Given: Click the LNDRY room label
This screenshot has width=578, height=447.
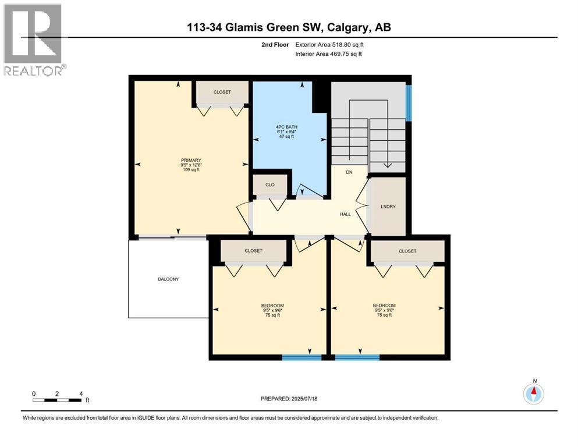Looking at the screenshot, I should tap(388, 206).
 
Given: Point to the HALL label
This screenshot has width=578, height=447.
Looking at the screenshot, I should tap(345, 214).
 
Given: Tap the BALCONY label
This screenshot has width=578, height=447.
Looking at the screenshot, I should tap(168, 279).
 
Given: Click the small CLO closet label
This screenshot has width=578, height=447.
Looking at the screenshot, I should tap(270, 185).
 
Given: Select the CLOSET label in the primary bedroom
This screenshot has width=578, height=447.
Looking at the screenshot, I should tap(222, 92).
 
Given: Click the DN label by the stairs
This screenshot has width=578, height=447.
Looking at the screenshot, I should tap(349, 172).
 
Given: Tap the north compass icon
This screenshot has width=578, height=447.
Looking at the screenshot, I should tap(533, 394).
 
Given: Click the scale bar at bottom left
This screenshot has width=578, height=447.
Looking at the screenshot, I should tap(57, 400).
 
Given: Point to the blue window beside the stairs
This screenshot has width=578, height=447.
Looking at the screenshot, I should tap(408, 103).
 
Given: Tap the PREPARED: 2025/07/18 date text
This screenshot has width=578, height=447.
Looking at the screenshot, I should tap(289, 399).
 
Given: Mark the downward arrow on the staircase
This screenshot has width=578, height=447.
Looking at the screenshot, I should tap(387, 165).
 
